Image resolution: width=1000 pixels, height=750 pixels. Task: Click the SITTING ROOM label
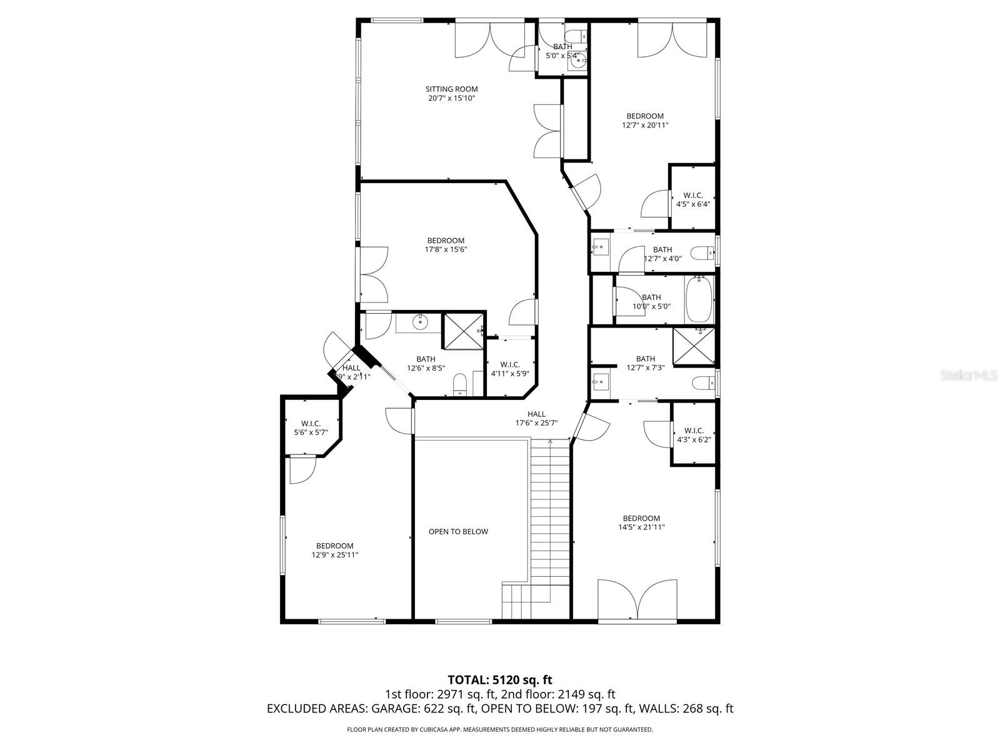coord(451,89)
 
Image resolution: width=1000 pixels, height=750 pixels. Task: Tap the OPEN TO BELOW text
coord(458,532)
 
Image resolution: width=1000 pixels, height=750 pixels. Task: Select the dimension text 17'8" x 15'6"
coord(446,249)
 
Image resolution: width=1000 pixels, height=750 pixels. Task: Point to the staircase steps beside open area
coord(550,512)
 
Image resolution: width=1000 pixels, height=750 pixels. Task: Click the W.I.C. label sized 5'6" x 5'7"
coord(311,424)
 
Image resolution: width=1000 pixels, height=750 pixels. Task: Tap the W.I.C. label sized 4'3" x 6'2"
coord(694,431)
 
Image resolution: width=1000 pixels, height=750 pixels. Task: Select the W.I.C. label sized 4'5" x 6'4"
coord(692,196)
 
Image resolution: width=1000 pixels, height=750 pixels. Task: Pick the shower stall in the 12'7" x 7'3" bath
coord(693,346)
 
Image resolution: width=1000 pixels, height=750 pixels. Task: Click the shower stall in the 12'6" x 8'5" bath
coord(463,332)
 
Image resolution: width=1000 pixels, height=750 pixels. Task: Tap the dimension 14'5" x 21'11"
coord(641,527)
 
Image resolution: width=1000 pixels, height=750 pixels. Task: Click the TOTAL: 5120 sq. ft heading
coord(500,679)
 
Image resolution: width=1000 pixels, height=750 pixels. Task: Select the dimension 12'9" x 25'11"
coord(334,555)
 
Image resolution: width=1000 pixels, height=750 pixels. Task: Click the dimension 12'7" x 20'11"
coord(645,125)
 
